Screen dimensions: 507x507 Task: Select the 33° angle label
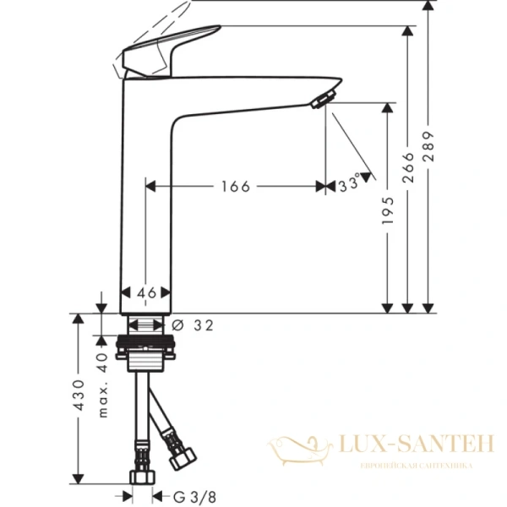coord(349,183)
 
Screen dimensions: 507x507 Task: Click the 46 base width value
coord(146,292)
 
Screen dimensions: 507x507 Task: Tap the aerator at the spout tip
coord(319,101)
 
